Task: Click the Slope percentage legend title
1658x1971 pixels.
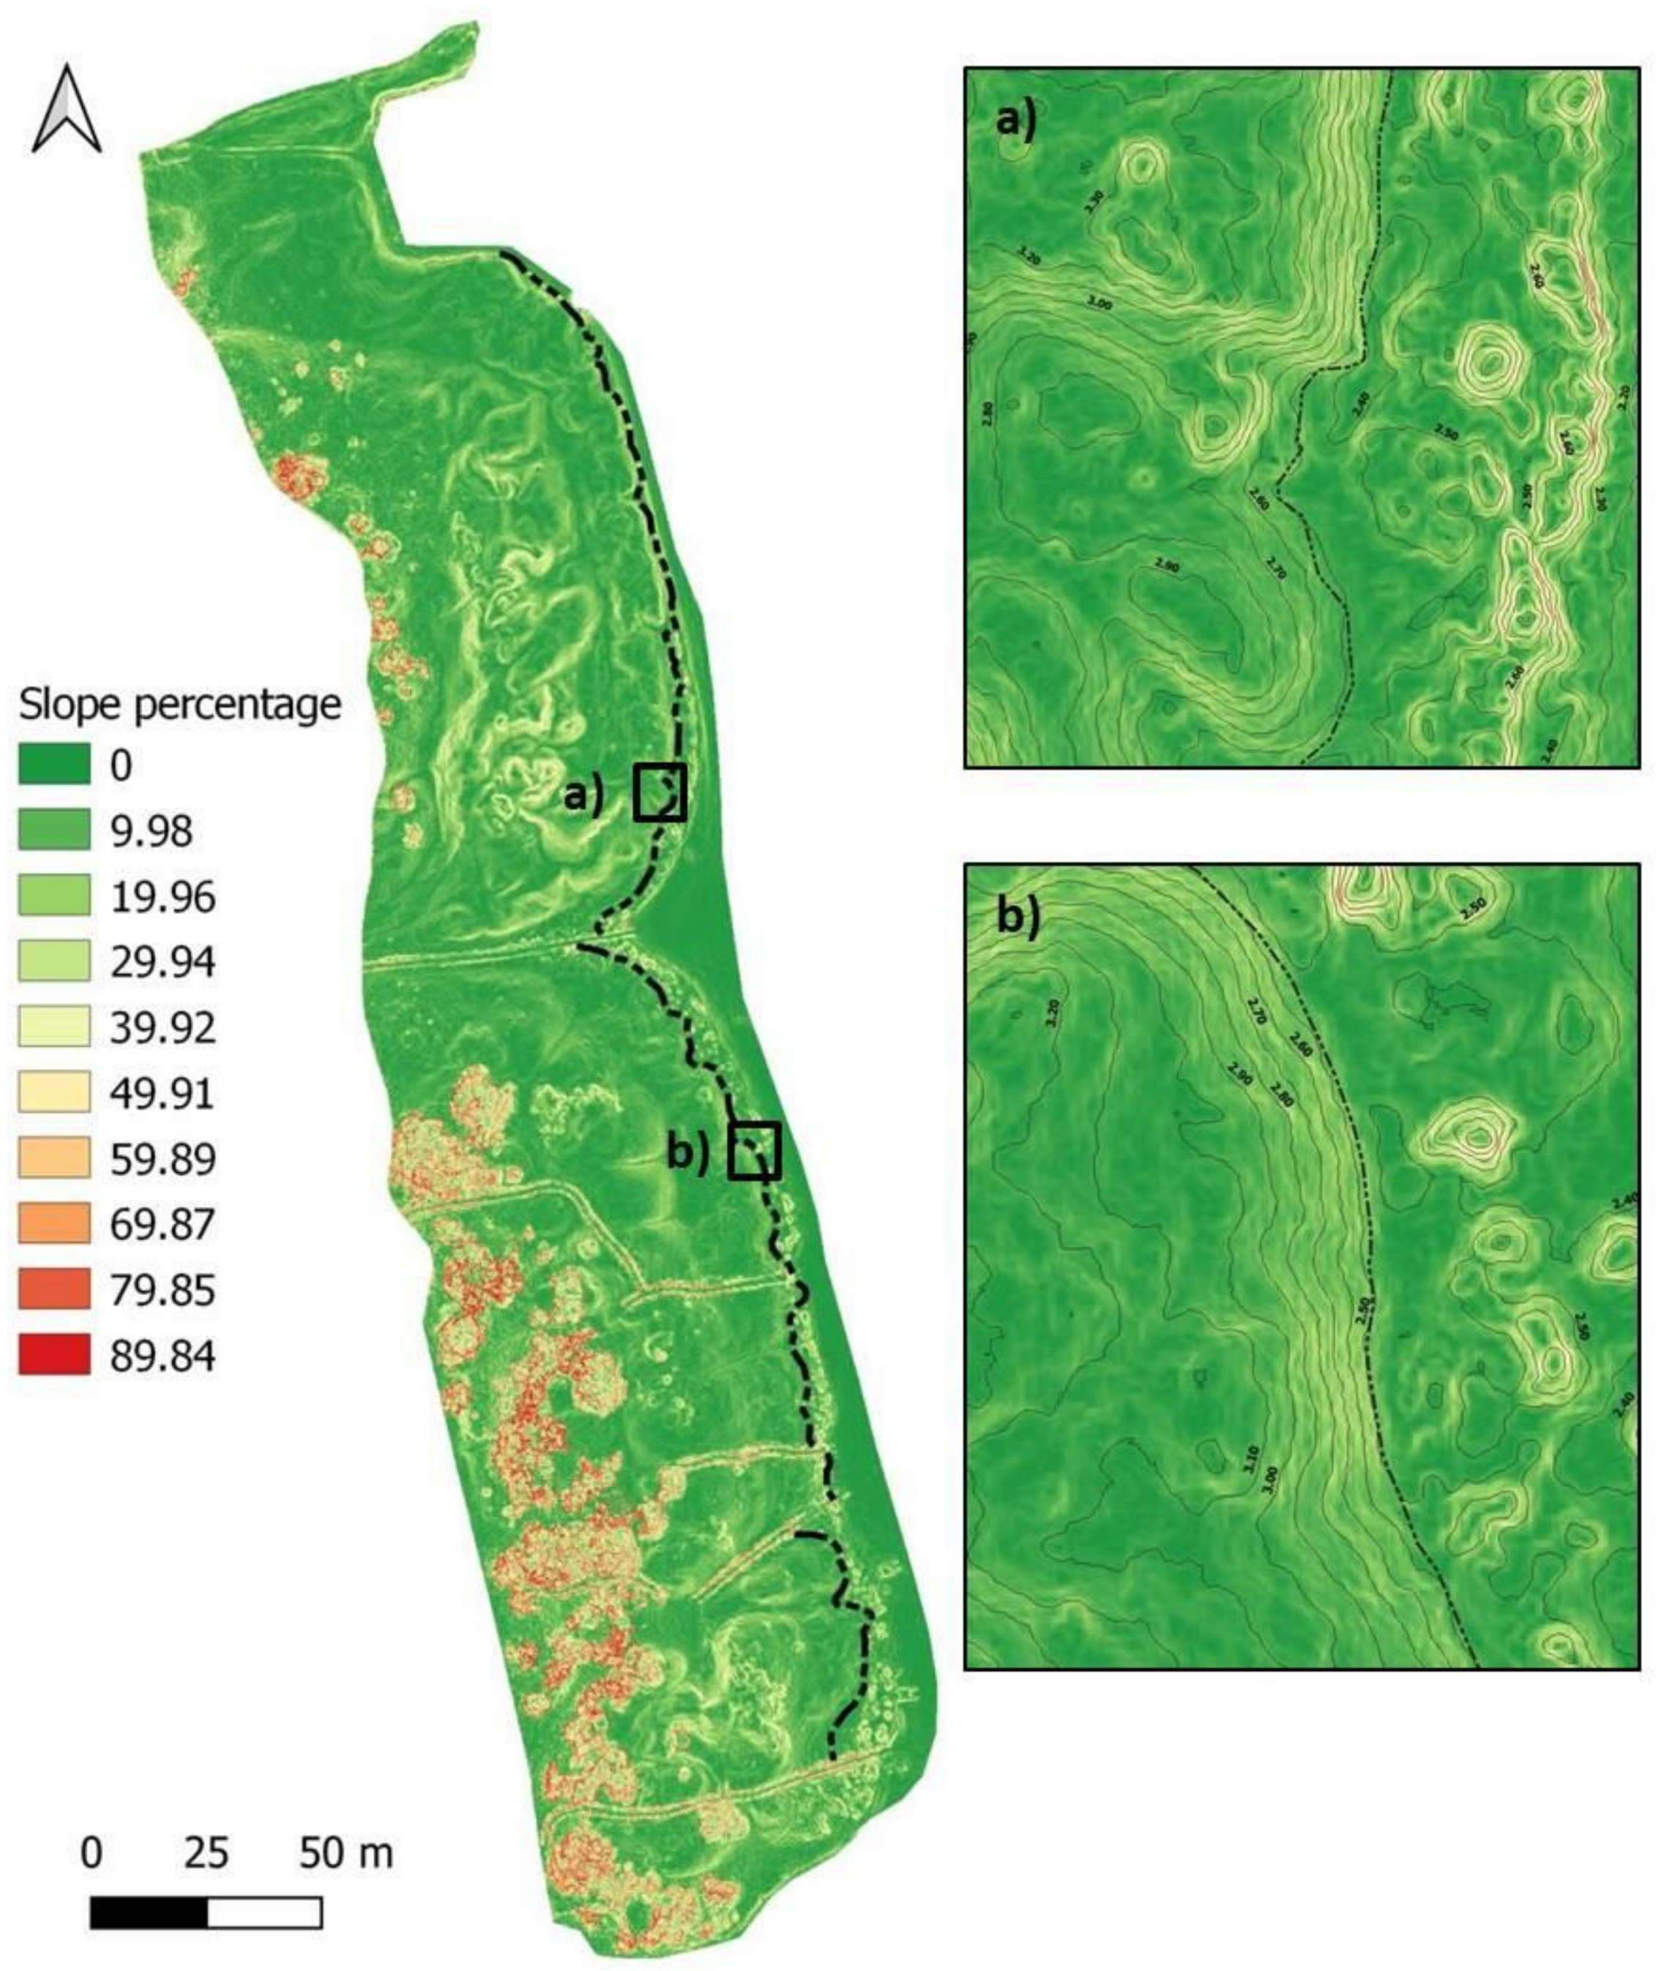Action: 179,705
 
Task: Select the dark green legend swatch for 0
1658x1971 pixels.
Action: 54,765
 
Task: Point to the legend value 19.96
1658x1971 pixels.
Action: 162,897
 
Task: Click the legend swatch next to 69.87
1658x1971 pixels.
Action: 54,1224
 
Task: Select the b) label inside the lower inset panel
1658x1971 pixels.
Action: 1018,918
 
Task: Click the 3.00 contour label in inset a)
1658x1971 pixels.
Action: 1098,304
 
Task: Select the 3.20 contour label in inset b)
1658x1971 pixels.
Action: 1053,1012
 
